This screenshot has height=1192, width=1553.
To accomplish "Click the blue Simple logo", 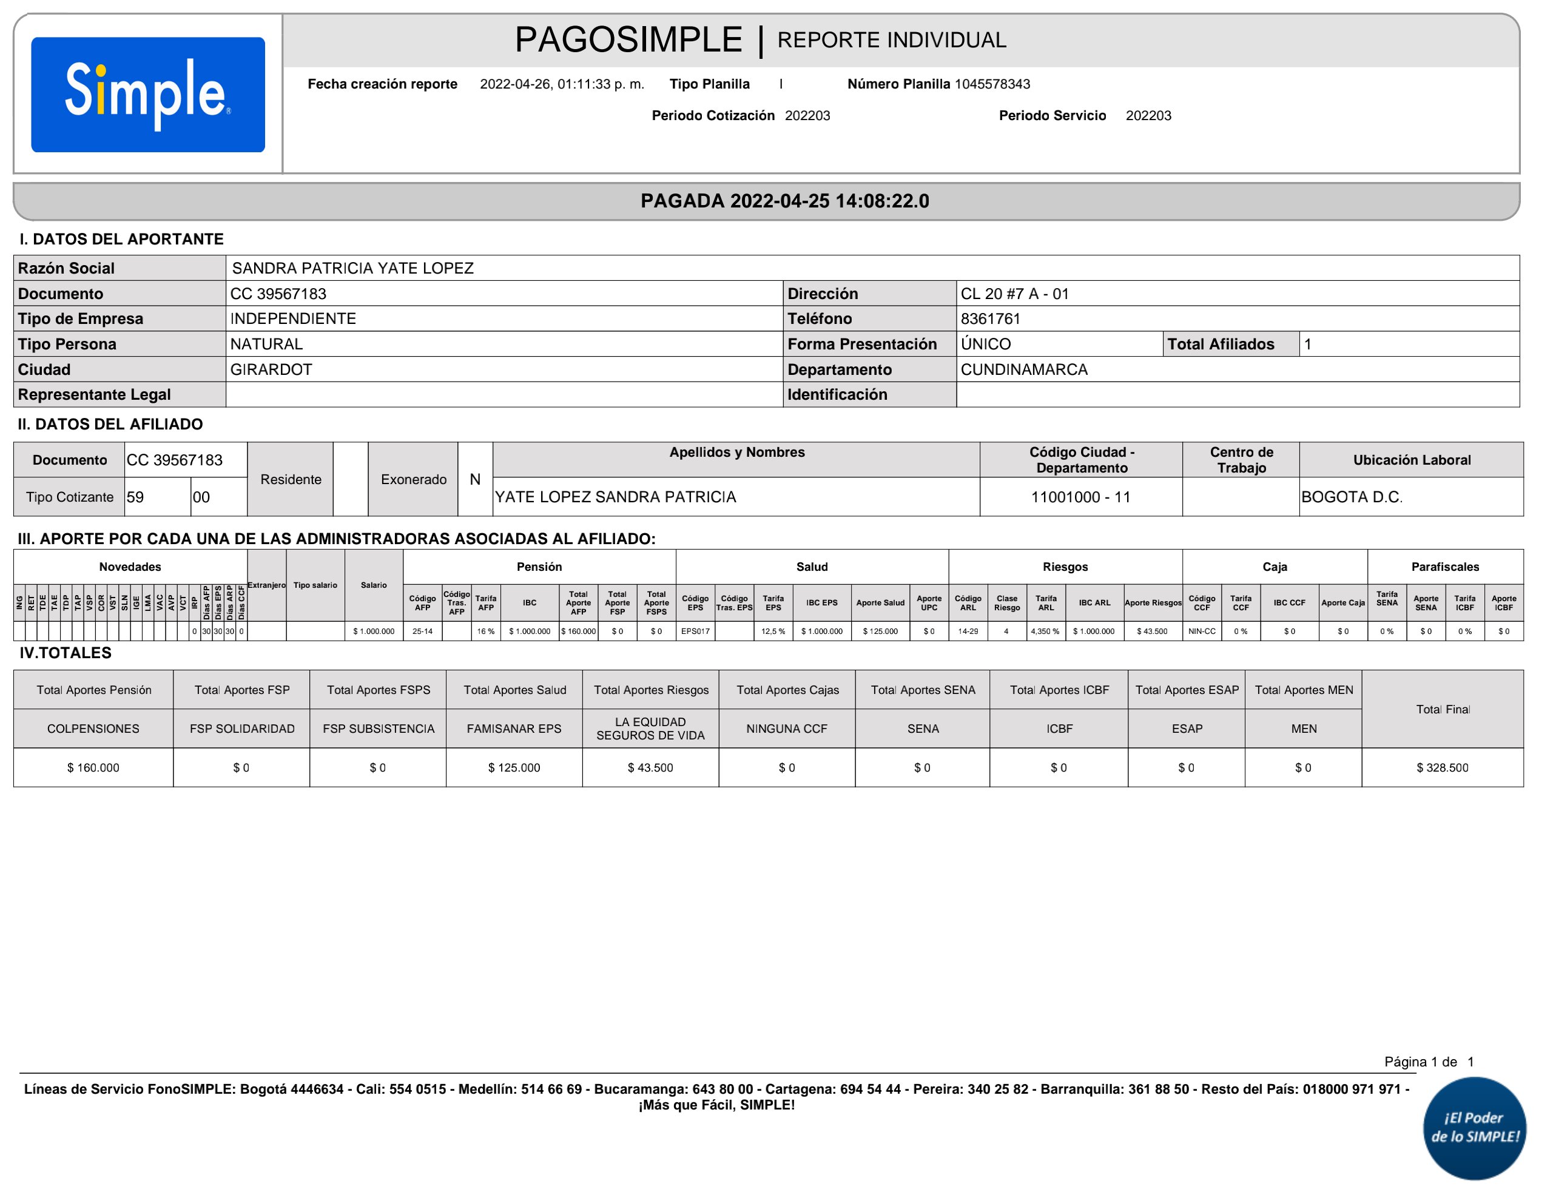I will pyautogui.click(x=147, y=95).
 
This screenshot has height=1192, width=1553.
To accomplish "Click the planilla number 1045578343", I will pyautogui.click(x=992, y=84).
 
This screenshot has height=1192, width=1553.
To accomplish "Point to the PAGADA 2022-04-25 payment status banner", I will pyautogui.click(x=784, y=201).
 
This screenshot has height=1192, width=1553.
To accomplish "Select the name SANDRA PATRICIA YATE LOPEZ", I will pyautogui.click(x=352, y=268).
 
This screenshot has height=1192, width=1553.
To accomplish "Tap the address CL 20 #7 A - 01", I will pyautogui.click(x=1014, y=294).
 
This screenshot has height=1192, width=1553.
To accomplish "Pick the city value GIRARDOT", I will pyautogui.click(x=271, y=369).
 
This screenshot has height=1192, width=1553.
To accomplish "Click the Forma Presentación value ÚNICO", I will pyautogui.click(x=985, y=344).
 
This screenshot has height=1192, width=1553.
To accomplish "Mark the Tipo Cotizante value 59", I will pyautogui.click(x=135, y=497).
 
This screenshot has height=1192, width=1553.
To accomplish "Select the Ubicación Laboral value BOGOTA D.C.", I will pyautogui.click(x=1351, y=497).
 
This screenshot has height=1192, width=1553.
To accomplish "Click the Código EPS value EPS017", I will pyautogui.click(x=695, y=631).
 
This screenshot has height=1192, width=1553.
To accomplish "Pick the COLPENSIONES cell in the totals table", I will pyautogui.click(x=93, y=729).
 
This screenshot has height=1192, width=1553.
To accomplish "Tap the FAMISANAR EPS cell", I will pyautogui.click(x=514, y=729).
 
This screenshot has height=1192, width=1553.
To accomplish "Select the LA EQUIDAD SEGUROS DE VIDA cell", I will pyautogui.click(x=650, y=729).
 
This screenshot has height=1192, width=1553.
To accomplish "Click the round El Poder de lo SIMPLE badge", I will pyautogui.click(x=1474, y=1128).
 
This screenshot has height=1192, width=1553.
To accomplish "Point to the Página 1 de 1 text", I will pyautogui.click(x=1428, y=1062).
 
